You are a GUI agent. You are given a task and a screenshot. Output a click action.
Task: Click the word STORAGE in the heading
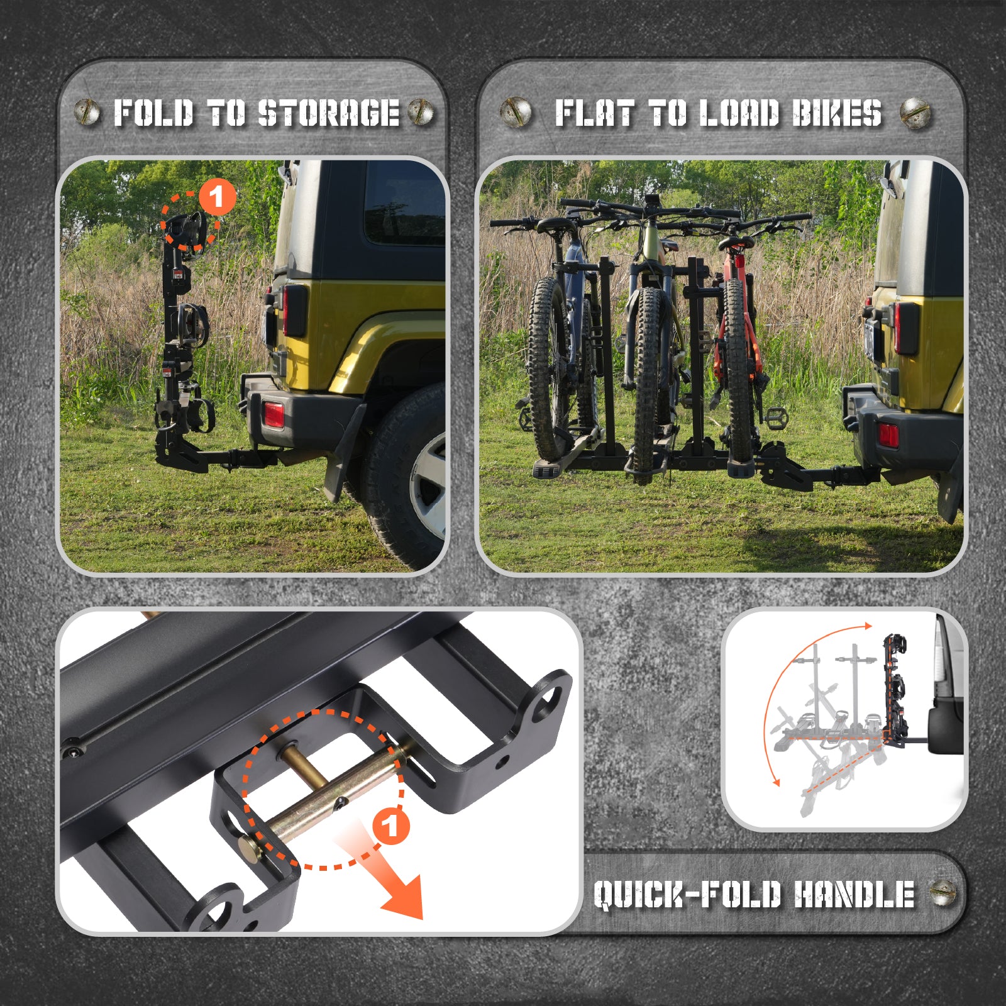[329, 113]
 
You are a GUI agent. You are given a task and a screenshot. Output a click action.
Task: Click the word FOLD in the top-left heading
[153, 113]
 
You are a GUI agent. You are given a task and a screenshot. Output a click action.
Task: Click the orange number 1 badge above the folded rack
[218, 197]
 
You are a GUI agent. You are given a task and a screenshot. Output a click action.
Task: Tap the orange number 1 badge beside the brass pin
[391, 825]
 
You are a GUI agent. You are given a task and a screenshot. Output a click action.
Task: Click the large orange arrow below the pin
[384, 874]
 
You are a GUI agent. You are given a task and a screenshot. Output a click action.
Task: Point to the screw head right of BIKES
[915, 114]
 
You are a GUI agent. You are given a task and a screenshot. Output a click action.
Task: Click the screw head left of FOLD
[87, 113]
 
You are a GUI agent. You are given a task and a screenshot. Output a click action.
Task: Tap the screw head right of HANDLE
[942, 893]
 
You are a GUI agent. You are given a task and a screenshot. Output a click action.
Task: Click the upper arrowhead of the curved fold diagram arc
[868, 626]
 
